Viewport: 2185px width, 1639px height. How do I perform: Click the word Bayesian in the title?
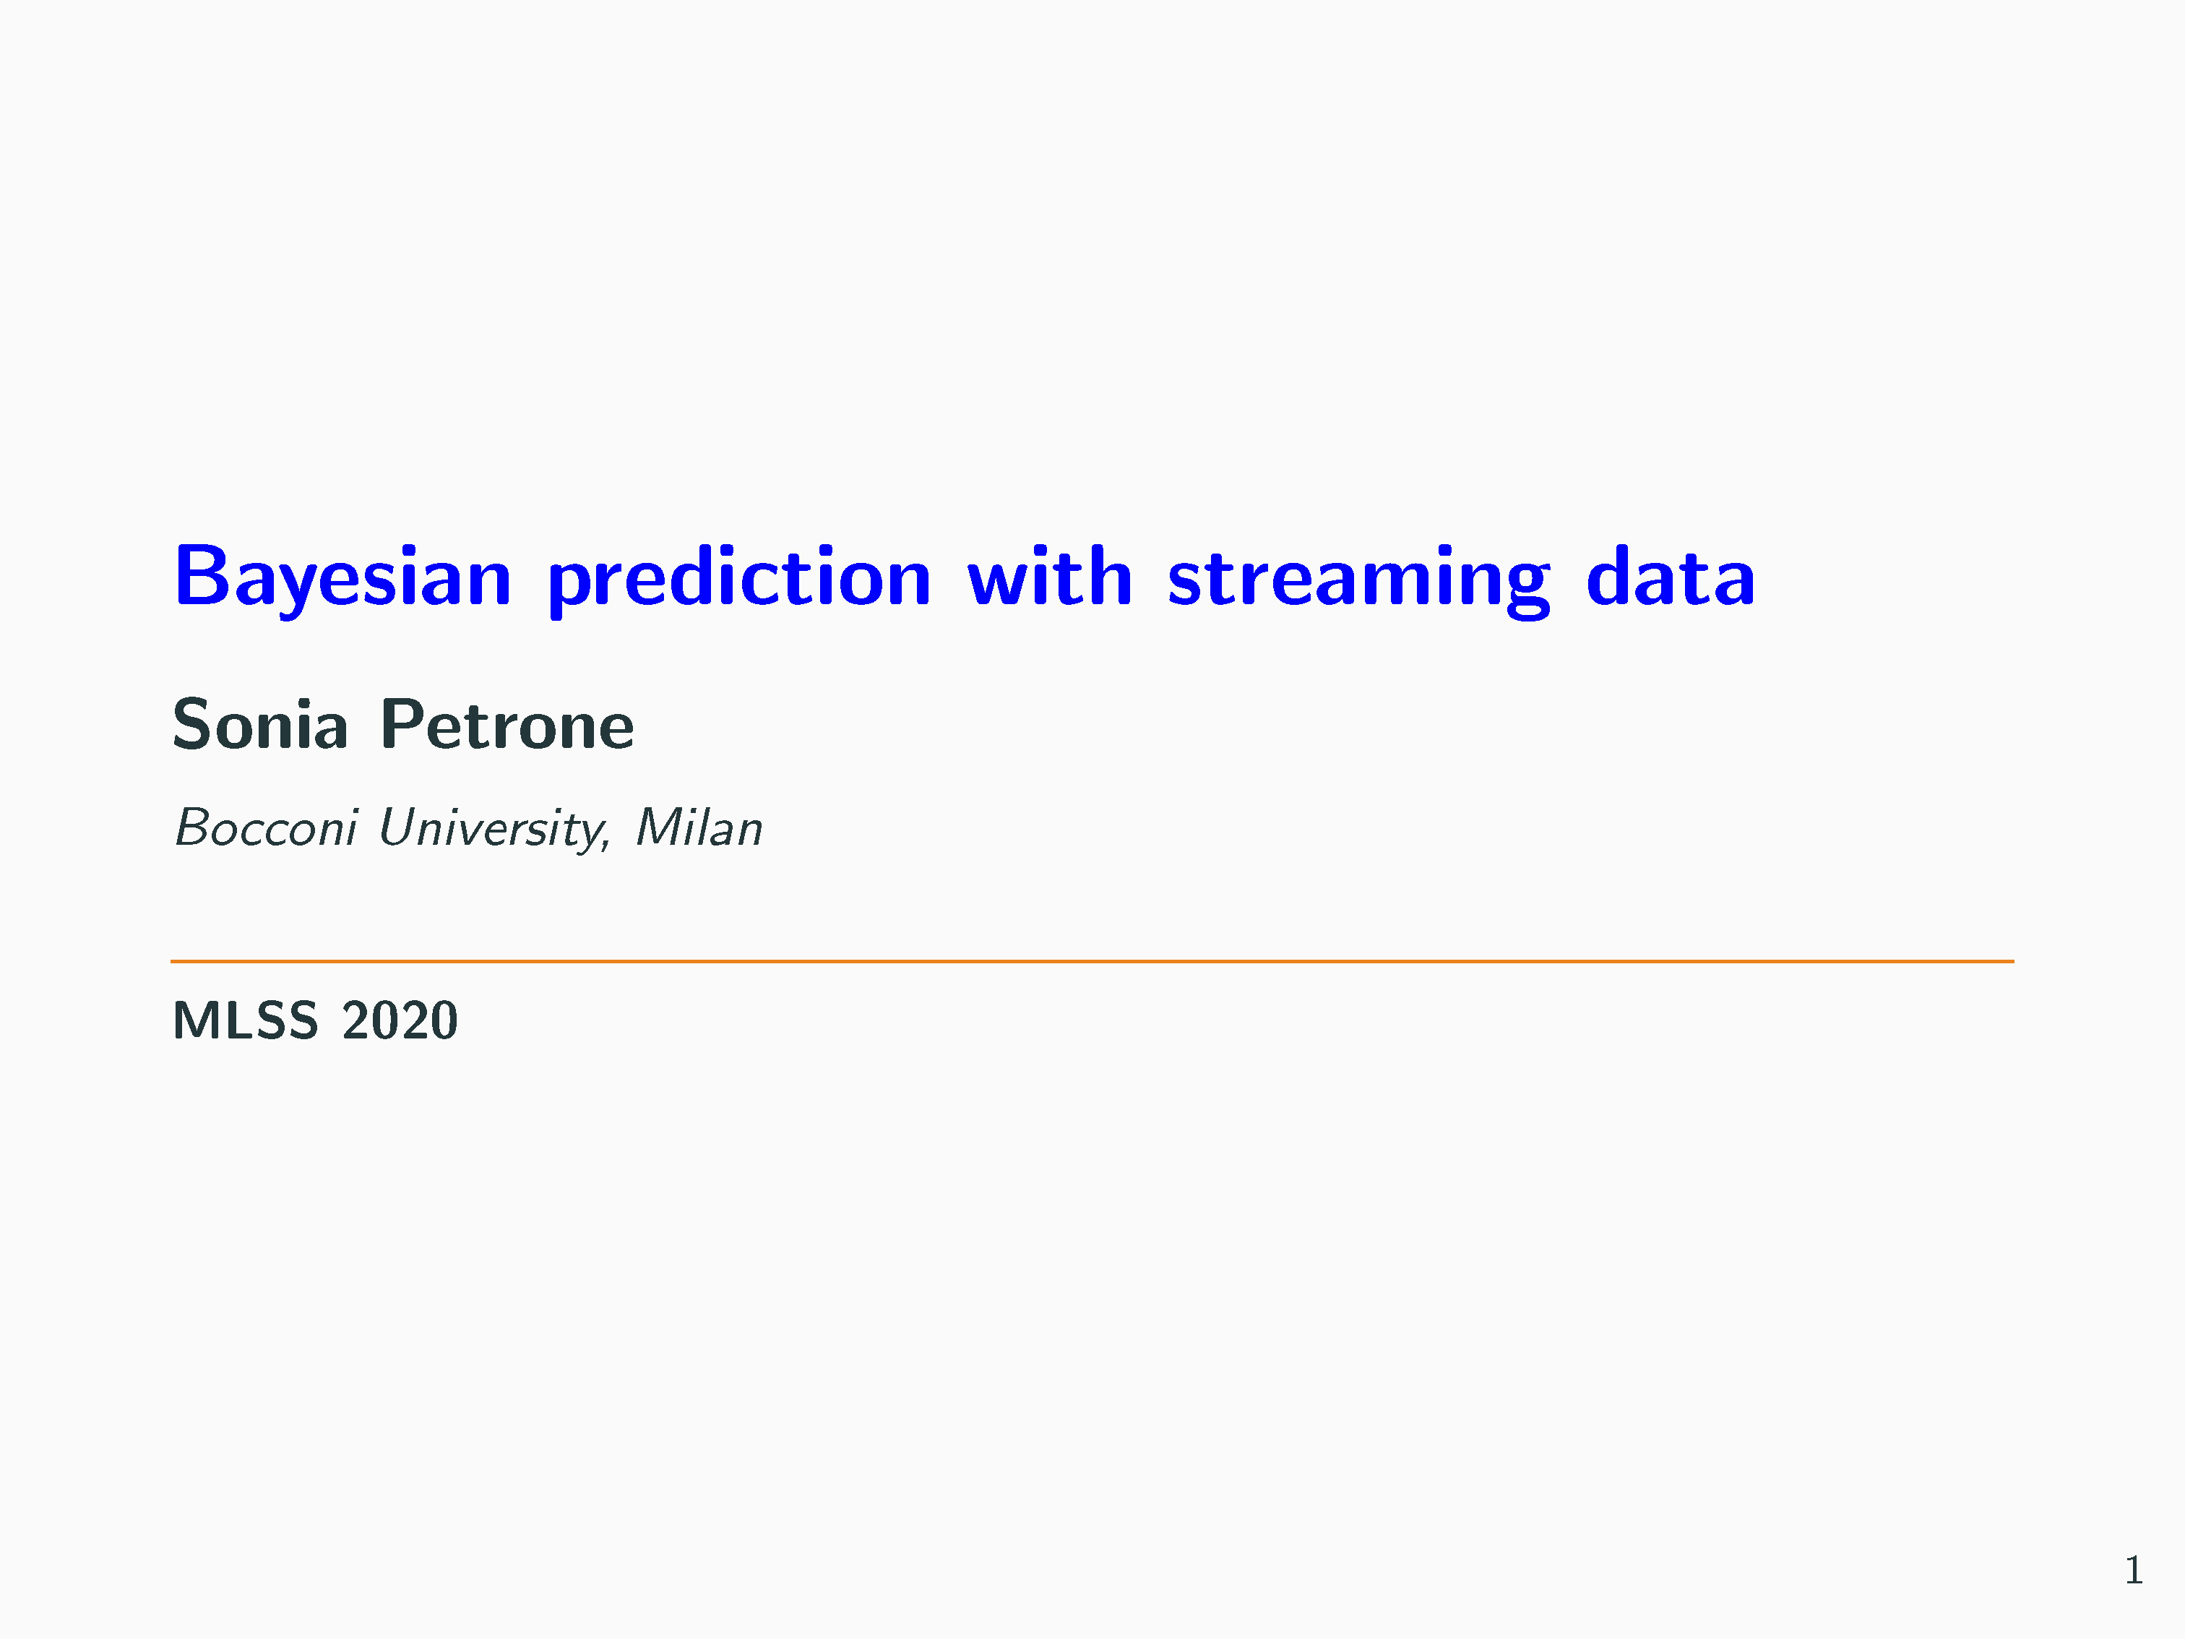[x=342, y=578]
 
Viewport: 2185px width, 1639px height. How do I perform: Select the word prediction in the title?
[x=740, y=580]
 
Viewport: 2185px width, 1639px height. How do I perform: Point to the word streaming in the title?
[x=1359, y=580]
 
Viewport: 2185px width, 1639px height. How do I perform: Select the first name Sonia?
[x=261, y=724]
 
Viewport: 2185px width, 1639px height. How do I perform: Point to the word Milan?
[x=699, y=828]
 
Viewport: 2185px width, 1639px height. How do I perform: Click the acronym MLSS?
[x=246, y=1020]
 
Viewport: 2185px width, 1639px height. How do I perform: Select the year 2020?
[x=400, y=1020]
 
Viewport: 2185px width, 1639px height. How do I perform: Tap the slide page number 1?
[x=2134, y=1569]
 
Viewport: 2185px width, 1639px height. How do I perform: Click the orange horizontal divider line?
[x=1092, y=960]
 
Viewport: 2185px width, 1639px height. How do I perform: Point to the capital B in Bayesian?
[x=204, y=575]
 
